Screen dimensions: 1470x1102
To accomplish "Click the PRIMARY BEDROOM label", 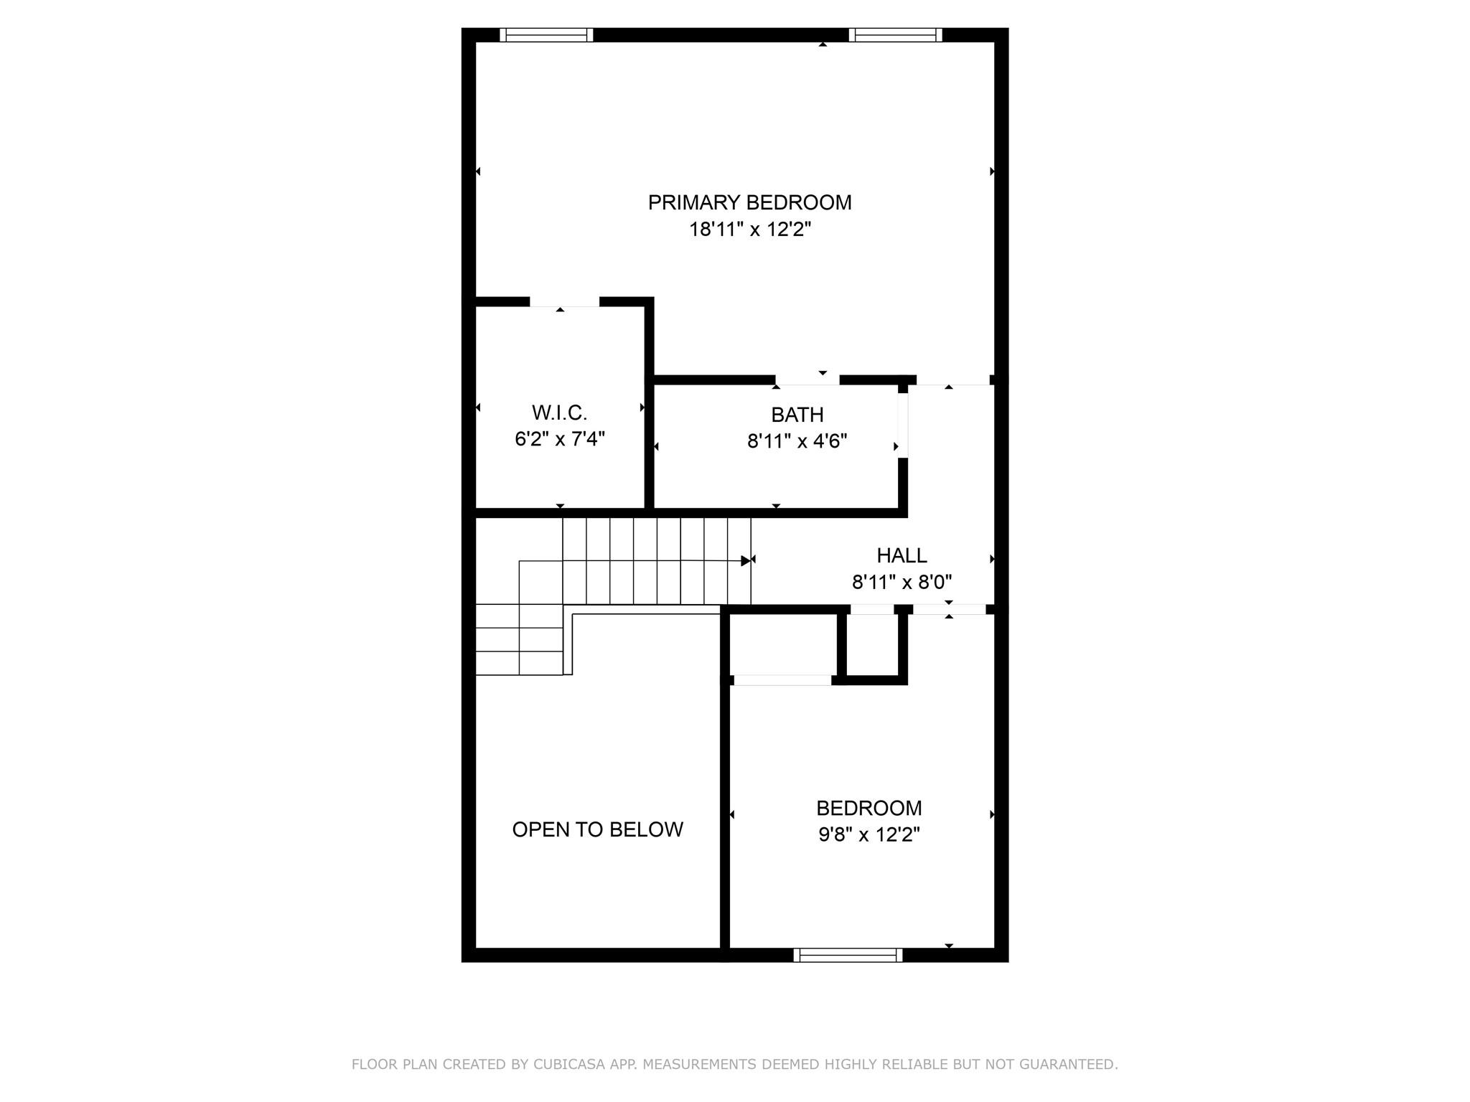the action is (749, 202).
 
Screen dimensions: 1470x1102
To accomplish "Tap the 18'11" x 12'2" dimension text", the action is (750, 230).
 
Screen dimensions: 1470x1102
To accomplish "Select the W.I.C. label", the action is (559, 413).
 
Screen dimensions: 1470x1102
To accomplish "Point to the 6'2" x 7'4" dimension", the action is (560, 438).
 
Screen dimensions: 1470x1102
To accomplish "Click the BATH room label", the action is (797, 415).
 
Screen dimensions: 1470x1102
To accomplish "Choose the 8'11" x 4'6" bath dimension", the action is (797, 441).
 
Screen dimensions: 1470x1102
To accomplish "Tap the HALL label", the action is (902, 555).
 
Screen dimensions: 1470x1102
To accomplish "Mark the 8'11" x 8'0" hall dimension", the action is (902, 582).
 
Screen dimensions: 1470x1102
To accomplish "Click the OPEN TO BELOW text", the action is (597, 829).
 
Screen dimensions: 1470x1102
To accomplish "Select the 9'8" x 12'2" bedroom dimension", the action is (869, 834).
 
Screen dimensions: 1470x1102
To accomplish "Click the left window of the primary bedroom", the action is (546, 35).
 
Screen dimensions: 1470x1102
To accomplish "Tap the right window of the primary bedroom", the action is (895, 35).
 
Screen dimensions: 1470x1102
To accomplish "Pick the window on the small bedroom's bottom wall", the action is (848, 955).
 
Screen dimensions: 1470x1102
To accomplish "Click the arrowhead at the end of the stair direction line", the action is (746, 560).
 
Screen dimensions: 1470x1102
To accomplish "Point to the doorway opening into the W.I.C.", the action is (564, 302).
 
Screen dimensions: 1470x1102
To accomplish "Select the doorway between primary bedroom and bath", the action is (807, 380).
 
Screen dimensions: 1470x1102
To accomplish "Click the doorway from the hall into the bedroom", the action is (949, 610).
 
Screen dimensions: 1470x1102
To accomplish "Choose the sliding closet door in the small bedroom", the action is (782, 680).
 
